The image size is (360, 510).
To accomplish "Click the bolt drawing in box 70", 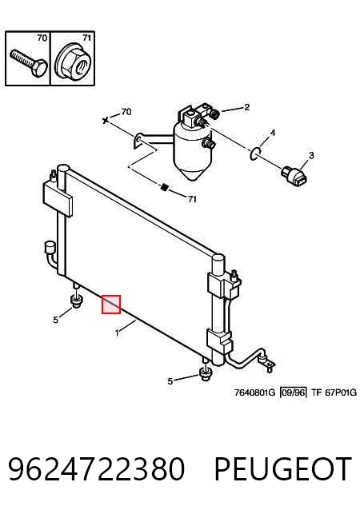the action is point(29,63).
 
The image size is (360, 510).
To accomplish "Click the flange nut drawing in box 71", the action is point(72,63).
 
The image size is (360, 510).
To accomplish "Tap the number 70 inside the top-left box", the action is point(42,38).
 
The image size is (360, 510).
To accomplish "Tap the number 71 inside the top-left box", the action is point(86,38).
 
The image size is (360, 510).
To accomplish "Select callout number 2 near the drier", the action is point(247,107).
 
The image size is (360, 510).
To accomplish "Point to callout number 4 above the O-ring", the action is point(273,133).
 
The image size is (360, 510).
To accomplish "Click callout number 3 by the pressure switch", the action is point(311,155).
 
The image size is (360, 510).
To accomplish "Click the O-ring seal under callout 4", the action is point(255,153).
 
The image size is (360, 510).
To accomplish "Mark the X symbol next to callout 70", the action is point(105,121).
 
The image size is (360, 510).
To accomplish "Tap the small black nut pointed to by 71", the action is point(164,187).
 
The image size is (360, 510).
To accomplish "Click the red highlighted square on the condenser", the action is point(111,305).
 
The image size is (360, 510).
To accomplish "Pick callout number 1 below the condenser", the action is point(117,333).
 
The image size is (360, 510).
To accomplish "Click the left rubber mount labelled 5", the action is point(77,301).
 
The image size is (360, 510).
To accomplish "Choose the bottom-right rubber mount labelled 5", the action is point(206,375).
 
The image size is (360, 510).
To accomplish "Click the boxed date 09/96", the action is point(294,392).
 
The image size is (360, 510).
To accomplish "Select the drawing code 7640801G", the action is point(255,392).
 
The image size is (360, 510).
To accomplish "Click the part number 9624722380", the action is point(96,468).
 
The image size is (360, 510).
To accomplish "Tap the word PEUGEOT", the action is point(283,468).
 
